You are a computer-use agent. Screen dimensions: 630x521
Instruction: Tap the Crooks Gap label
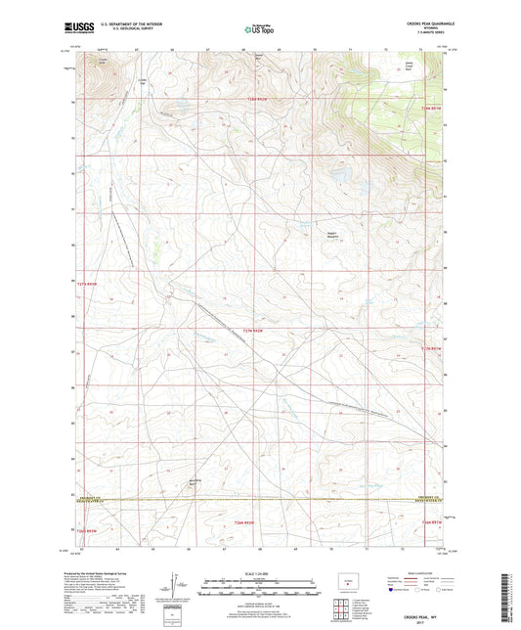(x=143, y=81)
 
